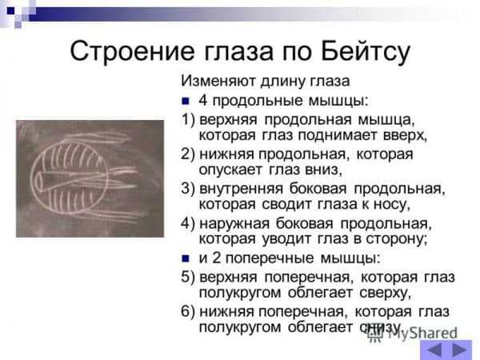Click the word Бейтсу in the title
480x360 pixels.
coord(366,51)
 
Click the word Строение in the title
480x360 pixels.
coord(132,51)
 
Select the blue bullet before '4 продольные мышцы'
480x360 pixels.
coord(186,101)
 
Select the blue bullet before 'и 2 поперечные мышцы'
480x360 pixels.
coord(186,258)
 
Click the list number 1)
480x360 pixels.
coord(188,119)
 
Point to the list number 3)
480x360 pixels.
coord(188,188)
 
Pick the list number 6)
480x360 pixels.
coord(188,311)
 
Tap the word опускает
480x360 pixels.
coord(230,170)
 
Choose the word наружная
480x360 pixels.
coord(234,224)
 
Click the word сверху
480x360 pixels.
coord(385,294)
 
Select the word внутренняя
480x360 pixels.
coord(242,189)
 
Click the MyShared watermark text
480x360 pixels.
coord(422,334)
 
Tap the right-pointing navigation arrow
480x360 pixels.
coord(458,350)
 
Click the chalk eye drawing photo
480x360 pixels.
coord(90,178)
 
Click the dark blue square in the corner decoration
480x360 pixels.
coord(10,11)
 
